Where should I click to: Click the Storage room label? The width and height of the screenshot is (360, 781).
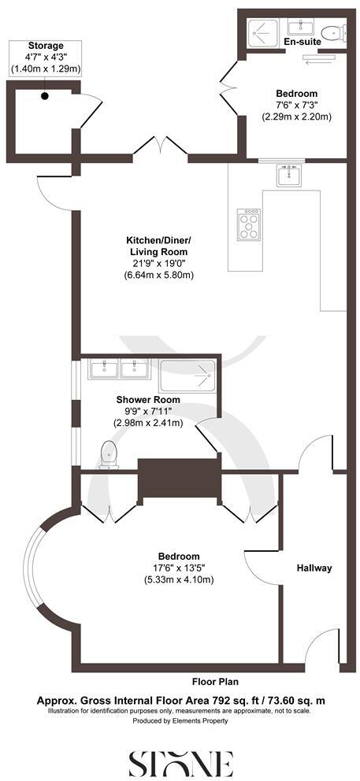tap(45, 46)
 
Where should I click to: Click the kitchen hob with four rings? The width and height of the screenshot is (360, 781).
tap(249, 224)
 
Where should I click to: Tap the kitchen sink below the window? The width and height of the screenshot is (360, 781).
tap(288, 176)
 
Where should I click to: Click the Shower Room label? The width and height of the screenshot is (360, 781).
tap(147, 399)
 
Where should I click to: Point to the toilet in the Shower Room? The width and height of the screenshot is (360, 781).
tap(108, 454)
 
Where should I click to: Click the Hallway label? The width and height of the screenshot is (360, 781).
tap(314, 568)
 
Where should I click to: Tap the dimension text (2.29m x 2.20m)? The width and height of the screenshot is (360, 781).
tap(297, 117)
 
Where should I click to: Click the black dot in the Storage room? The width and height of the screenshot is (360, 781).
tap(46, 96)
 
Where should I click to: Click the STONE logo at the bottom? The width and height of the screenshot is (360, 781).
tap(180, 761)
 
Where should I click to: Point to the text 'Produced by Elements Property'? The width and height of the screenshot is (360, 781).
tap(180, 720)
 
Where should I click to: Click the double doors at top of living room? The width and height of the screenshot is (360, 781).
tap(161, 146)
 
